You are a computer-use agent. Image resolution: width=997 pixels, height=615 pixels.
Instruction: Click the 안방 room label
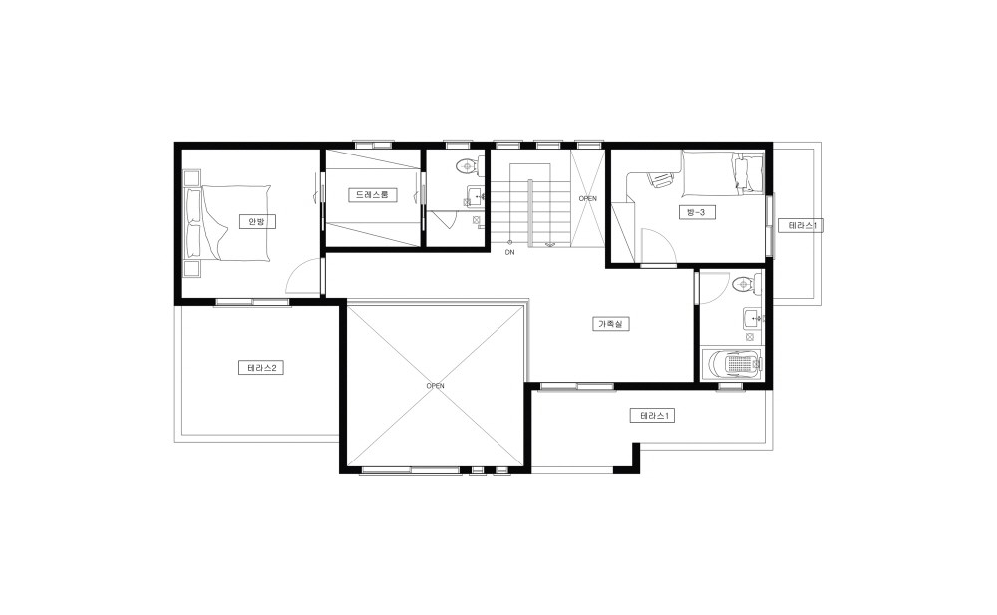pyautogui.click(x=257, y=221)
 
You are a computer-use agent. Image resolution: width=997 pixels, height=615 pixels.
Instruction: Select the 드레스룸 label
pyautogui.click(x=373, y=195)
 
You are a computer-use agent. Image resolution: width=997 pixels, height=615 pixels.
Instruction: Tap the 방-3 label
pyautogui.click(x=696, y=212)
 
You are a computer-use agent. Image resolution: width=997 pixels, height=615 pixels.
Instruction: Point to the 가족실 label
pyautogui.click(x=611, y=324)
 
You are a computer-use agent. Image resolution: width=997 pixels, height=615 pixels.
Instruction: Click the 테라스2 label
pyautogui.click(x=260, y=368)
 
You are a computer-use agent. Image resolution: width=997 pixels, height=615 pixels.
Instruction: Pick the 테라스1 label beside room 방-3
pyautogui.click(x=802, y=226)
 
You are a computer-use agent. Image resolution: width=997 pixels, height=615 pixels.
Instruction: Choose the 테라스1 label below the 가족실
pyautogui.click(x=652, y=416)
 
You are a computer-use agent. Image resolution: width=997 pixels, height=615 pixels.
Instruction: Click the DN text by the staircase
pyautogui.click(x=509, y=252)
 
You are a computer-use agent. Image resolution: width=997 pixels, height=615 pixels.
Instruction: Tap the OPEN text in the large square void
pyautogui.click(x=436, y=386)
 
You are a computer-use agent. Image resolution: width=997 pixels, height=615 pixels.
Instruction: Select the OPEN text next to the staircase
pyautogui.click(x=588, y=199)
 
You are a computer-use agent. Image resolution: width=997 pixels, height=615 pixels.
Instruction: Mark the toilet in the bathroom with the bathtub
pyautogui.click(x=745, y=284)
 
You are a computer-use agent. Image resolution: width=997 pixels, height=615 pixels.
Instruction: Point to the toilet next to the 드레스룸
pyautogui.click(x=472, y=166)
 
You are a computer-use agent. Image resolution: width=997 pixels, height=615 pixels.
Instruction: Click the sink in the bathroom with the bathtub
pyautogui.click(x=754, y=318)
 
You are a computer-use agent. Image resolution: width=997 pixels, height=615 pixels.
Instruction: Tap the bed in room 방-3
pyautogui.click(x=722, y=173)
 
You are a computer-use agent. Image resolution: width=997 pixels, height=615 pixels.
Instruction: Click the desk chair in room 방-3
pyautogui.click(x=659, y=180)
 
